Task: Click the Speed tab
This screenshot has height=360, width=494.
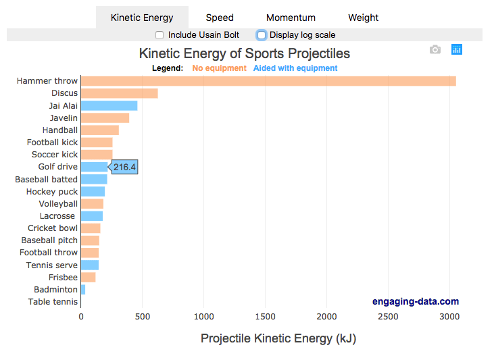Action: point(220,18)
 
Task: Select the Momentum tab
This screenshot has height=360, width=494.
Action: point(290,18)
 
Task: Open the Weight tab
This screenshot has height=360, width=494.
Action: point(363,18)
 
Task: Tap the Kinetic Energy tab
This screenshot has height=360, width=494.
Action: point(142,18)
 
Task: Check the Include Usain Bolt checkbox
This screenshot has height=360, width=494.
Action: point(159,35)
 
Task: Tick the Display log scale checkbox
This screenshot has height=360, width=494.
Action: point(262,35)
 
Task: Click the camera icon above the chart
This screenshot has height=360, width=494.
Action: point(435,49)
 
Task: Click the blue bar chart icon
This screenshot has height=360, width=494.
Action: point(457,49)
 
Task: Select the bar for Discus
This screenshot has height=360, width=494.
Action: point(119,93)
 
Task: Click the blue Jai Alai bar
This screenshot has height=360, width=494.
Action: point(109,105)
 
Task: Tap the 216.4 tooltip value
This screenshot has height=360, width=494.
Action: point(124,167)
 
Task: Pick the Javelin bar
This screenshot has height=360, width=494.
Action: point(105,118)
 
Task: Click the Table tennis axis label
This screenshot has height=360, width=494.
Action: point(53,302)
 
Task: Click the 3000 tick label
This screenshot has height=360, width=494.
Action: point(449,316)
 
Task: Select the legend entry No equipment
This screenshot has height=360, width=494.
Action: point(219,68)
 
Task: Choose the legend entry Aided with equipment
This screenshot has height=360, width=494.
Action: point(295,68)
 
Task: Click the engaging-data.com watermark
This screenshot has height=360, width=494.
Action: point(415,302)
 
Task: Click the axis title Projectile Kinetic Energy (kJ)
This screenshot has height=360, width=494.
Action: point(278,338)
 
